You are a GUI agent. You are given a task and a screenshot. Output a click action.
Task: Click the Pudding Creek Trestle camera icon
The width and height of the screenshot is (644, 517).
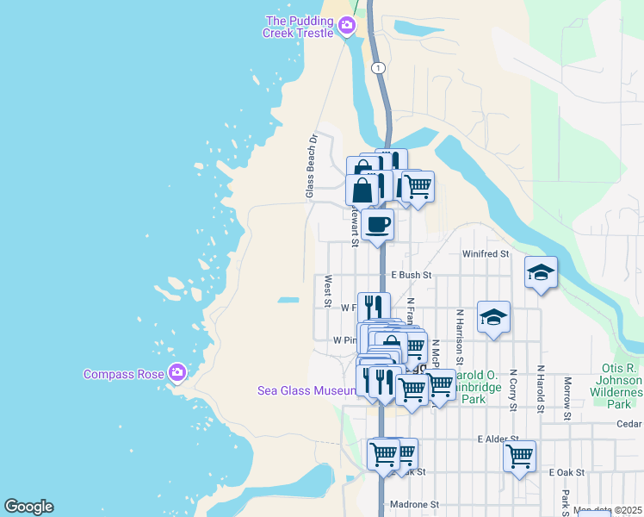pyautogui.click(x=347, y=26)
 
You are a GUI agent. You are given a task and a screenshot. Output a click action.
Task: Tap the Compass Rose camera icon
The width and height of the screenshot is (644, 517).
pyautogui.click(x=177, y=373)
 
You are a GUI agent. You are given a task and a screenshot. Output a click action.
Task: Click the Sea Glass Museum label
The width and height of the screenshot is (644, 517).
pyautogui.click(x=307, y=390)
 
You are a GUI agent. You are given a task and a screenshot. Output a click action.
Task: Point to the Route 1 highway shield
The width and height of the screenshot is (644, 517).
pyautogui.click(x=378, y=67)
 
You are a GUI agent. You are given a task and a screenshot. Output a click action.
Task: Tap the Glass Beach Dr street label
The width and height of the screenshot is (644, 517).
pyautogui.click(x=312, y=166)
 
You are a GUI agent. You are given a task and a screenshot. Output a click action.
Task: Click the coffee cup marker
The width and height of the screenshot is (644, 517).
pyautogui.click(x=377, y=226)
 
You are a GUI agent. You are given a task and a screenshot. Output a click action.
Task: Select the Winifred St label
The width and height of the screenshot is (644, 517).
pyautogui.click(x=486, y=254)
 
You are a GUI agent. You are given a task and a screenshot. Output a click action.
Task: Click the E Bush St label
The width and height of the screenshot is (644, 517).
pyautogui.click(x=411, y=275)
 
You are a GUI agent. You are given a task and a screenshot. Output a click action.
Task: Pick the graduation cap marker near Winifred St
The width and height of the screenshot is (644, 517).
pyautogui.click(x=540, y=273)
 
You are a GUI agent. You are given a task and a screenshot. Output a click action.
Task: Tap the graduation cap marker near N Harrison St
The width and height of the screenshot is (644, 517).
pyautogui.click(x=493, y=318)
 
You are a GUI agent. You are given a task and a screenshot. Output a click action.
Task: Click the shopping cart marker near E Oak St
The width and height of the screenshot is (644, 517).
pyautogui.click(x=519, y=456)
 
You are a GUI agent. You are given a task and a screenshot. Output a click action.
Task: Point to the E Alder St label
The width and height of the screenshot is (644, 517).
pyautogui.click(x=498, y=439)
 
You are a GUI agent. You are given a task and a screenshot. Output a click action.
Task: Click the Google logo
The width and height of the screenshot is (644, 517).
pyautogui.click(x=28, y=507)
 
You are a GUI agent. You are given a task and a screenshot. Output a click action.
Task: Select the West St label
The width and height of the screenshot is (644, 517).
pyautogui.click(x=327, y=290)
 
